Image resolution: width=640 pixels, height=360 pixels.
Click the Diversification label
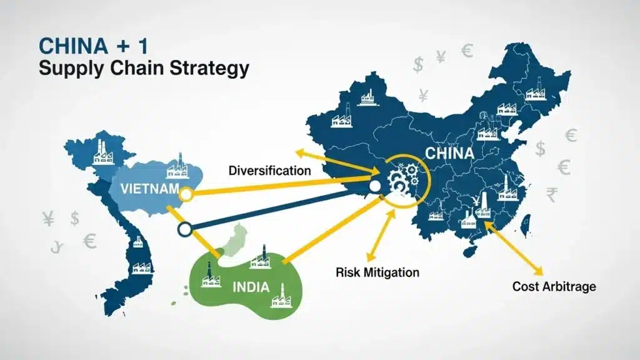click(269, 170)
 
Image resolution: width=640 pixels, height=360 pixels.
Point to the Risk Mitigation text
click(377, 272)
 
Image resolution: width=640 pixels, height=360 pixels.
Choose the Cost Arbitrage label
click(554, 287)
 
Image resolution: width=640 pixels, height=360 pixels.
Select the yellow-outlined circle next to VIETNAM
click(185, 195)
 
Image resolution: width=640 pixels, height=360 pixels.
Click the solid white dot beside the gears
click(375, 186)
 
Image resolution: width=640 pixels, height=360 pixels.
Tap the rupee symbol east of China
click(551, 196)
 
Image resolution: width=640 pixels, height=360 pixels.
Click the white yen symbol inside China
click(476, 201)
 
